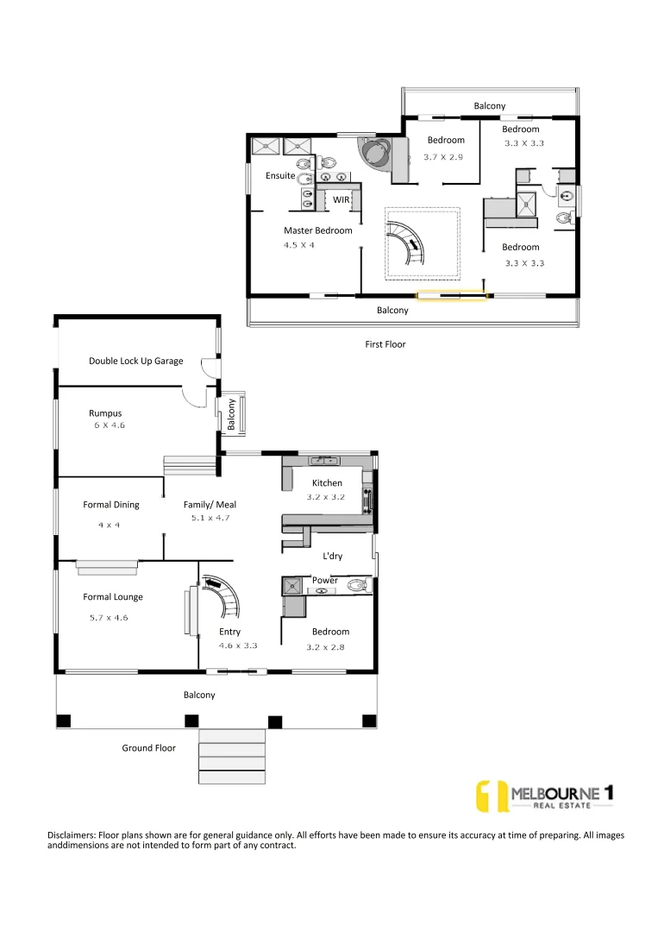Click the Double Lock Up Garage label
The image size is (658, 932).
point(135,361)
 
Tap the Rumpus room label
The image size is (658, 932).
point(105,413)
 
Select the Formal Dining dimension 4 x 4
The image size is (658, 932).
point(108,525)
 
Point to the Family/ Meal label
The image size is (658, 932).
point(210,505)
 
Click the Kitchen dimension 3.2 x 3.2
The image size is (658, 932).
point(327,497)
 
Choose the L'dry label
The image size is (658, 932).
point(332,557)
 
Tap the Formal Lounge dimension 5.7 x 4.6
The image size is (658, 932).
point(109,617)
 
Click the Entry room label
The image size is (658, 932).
point(229,633)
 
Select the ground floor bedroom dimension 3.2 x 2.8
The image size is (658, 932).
point(326,646)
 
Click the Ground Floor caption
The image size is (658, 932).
point(148,748)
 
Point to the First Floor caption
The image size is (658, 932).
point(385,344)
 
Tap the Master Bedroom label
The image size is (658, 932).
point(318,230)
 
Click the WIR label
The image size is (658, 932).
point(342,199)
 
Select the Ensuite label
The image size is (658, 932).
point(280,176)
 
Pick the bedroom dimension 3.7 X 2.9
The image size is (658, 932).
point(444,157)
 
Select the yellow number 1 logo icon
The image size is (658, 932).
point(492,797)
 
